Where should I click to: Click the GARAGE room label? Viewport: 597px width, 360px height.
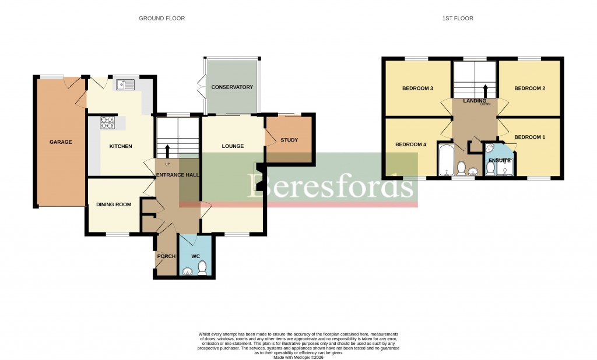(x=61, y=142)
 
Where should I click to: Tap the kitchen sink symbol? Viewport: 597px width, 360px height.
(x=125, y=86)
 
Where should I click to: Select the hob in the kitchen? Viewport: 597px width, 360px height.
(x=108, y=122)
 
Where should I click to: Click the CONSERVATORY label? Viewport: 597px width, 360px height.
(x=232, y=87)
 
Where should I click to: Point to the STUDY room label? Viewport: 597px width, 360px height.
(x=289, y=140)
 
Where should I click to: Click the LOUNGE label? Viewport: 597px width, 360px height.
(x=232, y=146)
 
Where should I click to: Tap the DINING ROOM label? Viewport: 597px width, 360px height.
(x=114, y=204)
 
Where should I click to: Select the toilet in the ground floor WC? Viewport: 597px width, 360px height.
(x=202, y=267)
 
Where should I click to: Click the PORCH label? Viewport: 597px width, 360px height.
(x=166, y=256)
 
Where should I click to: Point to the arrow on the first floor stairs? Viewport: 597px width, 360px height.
(x=485, y=90)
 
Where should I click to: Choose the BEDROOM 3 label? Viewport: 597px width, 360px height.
(x=417, y=89)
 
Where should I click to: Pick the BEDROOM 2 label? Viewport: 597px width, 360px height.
(x=529, y=89)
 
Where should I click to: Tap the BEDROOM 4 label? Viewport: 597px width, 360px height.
(x=410, y=144)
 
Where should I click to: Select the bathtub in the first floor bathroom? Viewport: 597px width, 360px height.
(x=445, y=160)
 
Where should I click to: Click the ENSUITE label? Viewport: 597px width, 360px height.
(x=500, y=160)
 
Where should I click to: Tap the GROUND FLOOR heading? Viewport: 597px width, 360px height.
(x=161, y=19)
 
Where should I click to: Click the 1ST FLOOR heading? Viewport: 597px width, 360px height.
(x=458, y=19)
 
